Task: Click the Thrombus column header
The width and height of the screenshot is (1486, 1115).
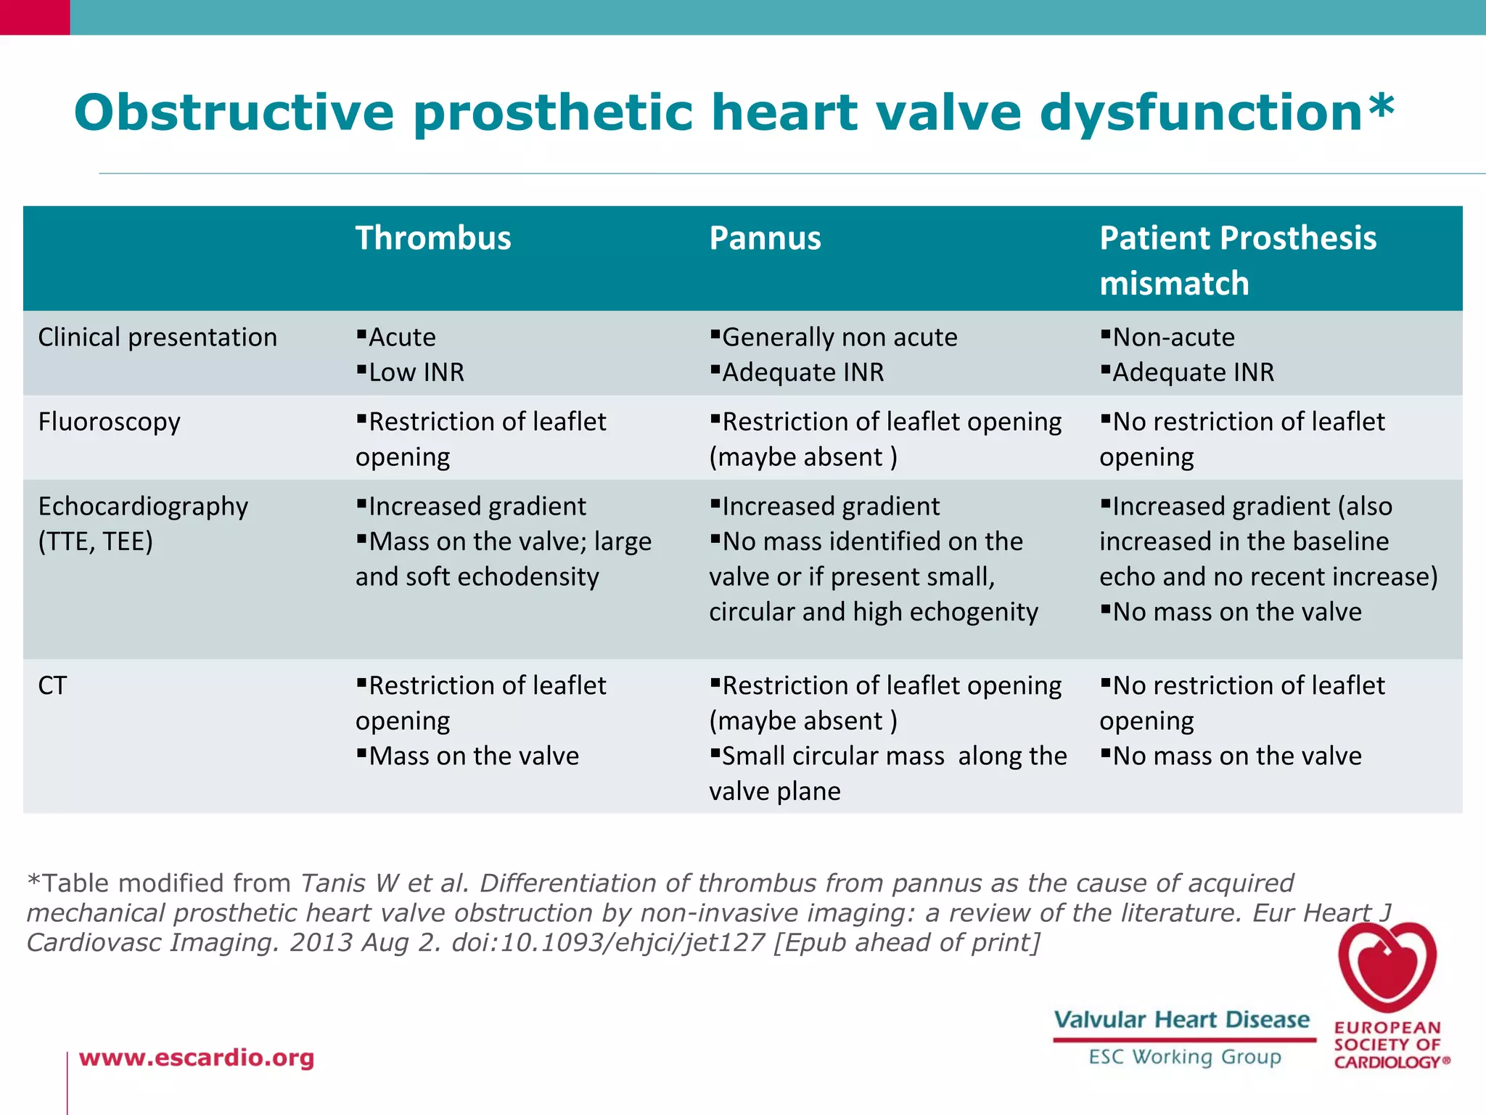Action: pos(433,239)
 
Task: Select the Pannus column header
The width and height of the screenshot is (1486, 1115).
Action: pos(765,239)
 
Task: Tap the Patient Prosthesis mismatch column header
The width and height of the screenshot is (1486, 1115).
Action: pos(1237,260)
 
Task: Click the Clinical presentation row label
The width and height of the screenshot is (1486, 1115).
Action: pos(157,338)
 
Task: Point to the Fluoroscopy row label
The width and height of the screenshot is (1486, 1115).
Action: pos(109,422)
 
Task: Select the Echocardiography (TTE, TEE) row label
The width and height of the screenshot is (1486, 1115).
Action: pos(143,523)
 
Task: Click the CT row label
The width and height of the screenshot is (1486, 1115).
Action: pos(52,685)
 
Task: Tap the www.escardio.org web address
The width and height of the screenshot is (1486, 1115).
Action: pos(197,1058)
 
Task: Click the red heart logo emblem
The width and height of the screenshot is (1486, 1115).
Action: pos(1387,965)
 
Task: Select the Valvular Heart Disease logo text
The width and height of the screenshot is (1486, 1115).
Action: pos(1182,1020)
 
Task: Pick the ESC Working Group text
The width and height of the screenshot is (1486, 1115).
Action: pos(1185,1057)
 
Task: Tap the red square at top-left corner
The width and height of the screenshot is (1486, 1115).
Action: pos(35,17)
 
